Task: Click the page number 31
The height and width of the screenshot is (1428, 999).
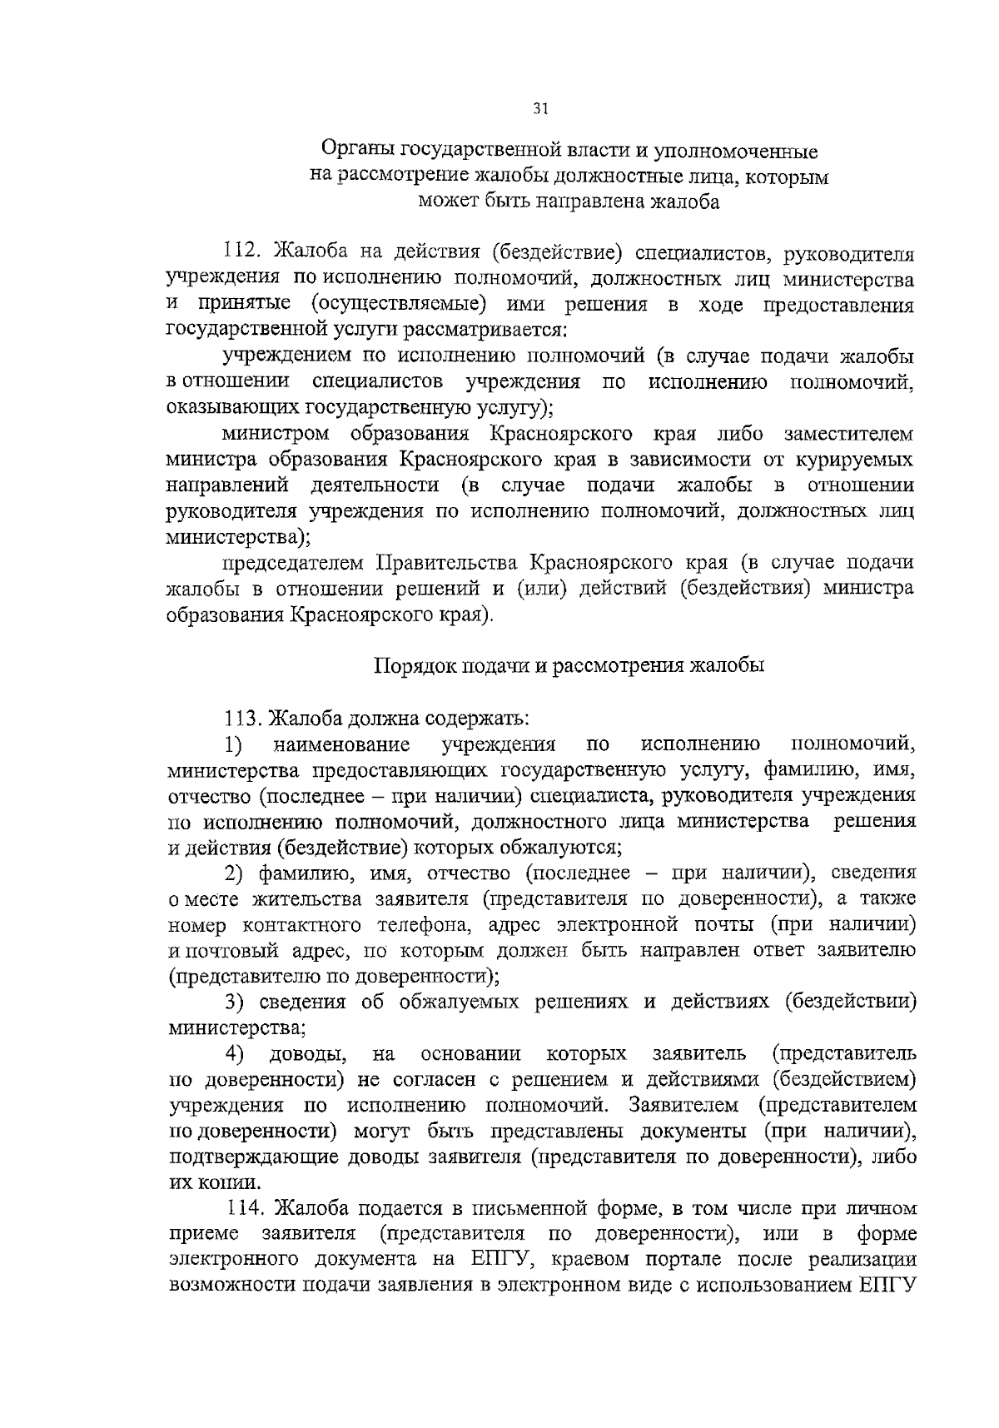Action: tap(540, 109)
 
